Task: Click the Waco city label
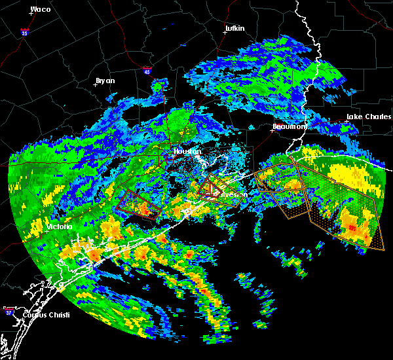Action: (x=41, y=10)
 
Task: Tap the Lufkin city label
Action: (x=234, y=29)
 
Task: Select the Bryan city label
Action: (x=105, y=81)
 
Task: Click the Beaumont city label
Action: (x=289, y=126)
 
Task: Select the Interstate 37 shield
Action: (x=10, y=309)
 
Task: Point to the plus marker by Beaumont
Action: (x=272, y=130)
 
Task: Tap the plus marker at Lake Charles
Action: (x=346, y=122)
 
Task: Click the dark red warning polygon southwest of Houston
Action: (x=138, y=204)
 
